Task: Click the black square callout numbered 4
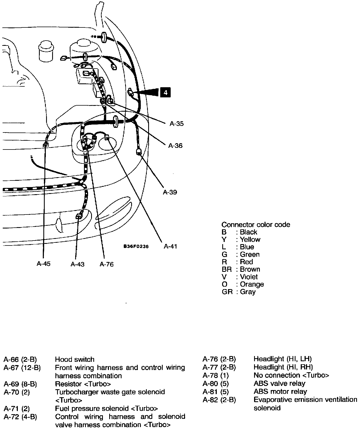point(165,92)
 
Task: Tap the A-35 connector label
point(176,124)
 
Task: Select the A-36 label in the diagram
point(175,146)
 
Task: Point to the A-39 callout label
point(170,192)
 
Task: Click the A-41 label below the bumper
point(170,246)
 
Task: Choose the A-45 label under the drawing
point(44,264)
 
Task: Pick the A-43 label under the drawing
point(78,264)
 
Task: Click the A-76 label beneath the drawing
point(106,264)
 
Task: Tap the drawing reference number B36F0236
point(136,247)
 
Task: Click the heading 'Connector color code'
point(256,225)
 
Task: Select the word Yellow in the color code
point(250,239)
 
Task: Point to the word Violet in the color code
point(249,277)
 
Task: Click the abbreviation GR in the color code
point(227,292)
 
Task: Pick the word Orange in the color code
point(252,284)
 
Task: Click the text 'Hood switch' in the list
point(75,359)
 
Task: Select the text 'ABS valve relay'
point(279,383)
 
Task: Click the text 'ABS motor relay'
point(280,391)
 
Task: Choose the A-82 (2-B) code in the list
point(219,400)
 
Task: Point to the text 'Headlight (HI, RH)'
point(283,367)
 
